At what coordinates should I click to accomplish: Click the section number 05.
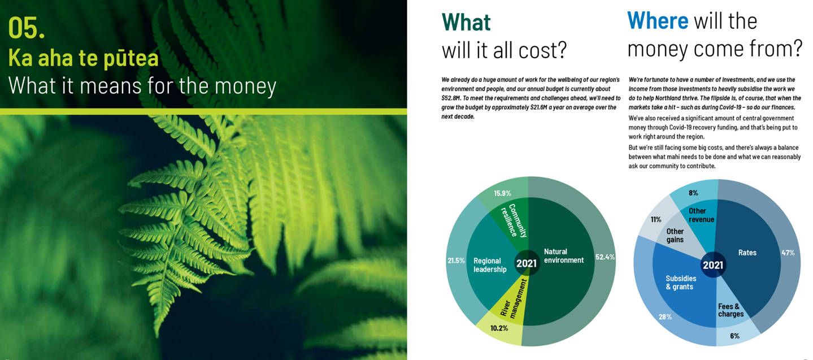pyautogui.click(x=27, y=28)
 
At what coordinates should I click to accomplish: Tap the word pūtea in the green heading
pyautogui.click(x=131, y=58)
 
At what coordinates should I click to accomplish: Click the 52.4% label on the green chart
pyautogui.click(x=605, y=257)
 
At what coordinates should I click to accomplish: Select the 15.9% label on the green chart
pyautogui.click(x=502, y=193)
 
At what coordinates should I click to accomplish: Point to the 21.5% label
pyautogui.click(x=456, y=261)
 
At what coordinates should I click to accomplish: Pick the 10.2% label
pyautogui.click(x=499, y=328)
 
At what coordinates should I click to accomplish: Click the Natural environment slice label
pyautogui.click(x=564, y=256)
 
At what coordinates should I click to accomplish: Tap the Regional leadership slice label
pyautogui.click(x=490, y=265)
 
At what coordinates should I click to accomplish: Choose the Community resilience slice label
pyautogui.click(x=514, y=220)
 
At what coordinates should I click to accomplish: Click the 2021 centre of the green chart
pyautogui.click(x=527, y=263)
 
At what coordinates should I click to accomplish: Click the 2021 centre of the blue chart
pyautogui.click(x=713, y=265)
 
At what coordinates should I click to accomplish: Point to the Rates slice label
pyautogui.click(x=747, y=253)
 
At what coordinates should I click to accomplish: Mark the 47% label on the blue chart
pyautogui.click(x=788, y=253)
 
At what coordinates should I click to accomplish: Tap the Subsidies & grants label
pyautogui.click(x=681, y=283)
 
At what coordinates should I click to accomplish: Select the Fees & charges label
pyautogui.click(x=731, y=310)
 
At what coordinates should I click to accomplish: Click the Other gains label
pyautogui.click(x=675, y=236)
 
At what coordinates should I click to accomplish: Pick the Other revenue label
pyautogui.click(x=701, y=215)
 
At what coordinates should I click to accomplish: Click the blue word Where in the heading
pyautogui.click(x=658, y=20)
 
